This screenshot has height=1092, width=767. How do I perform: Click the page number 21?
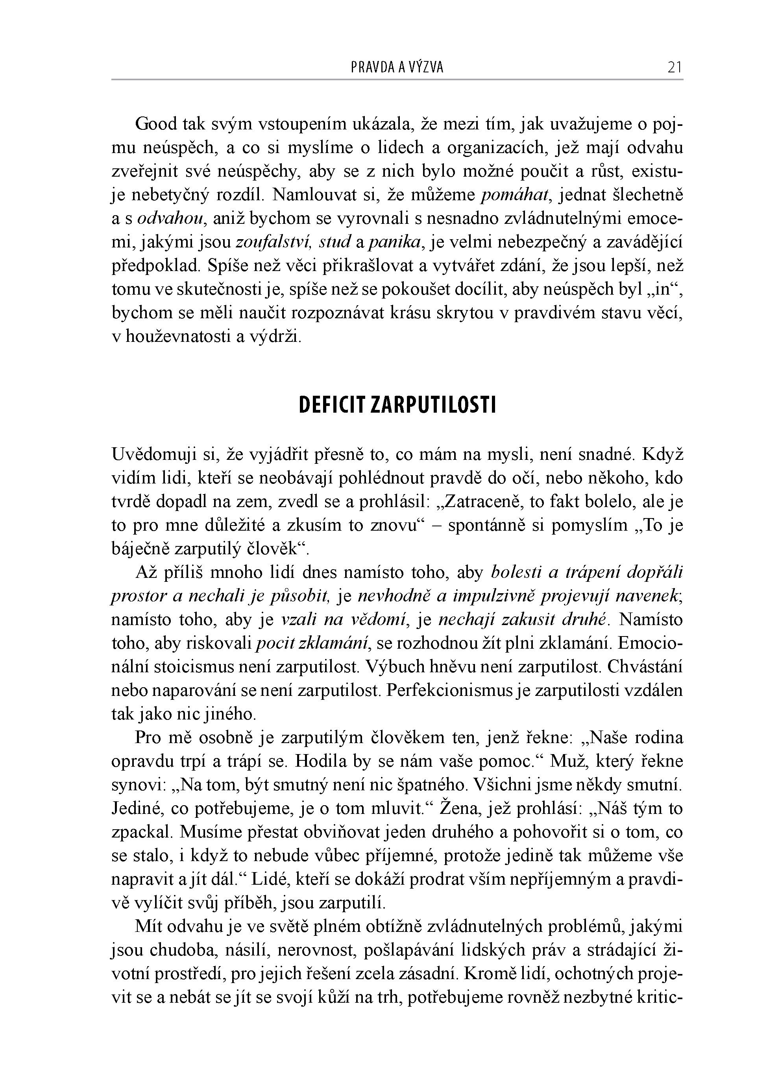675,68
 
